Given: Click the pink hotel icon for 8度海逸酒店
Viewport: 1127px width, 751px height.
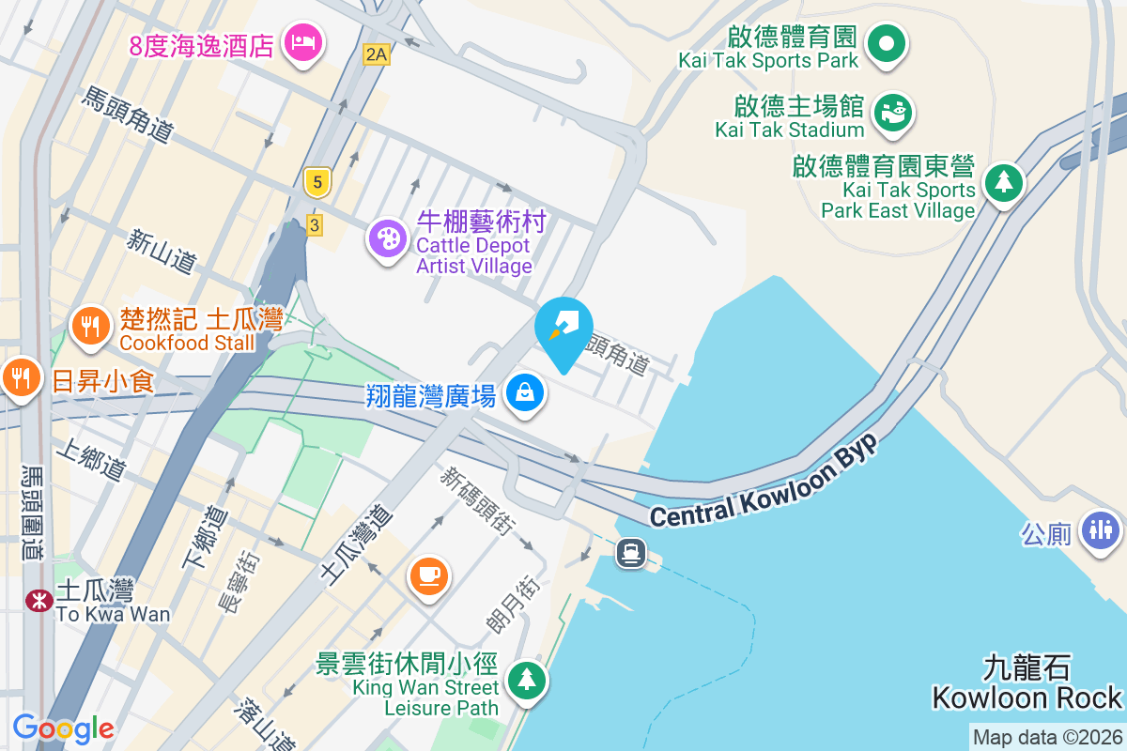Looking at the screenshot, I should click(x=302, y=42).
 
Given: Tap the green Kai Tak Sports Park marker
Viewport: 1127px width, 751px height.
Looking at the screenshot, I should click(x=885, y=44).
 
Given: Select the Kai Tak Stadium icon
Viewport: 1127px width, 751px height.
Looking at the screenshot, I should click(x=893, y=113).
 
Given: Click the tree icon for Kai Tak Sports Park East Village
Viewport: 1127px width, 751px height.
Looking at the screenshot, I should click(x=1004, y=182).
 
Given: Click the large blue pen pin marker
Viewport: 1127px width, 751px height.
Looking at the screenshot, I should click(x=563, y=329).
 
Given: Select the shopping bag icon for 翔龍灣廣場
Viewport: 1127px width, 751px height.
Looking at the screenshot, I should click(x=525, y=392).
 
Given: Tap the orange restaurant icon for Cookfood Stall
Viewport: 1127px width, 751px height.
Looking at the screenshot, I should click(x=90, y=327).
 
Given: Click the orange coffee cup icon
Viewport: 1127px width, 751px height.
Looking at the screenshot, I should click(x=429, y=574).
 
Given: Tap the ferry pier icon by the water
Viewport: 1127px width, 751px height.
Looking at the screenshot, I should click(x=630, y=553).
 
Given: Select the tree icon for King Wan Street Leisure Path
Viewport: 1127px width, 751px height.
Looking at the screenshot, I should click(x=526, y=680).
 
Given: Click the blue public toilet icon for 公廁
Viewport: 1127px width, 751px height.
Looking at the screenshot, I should click(x=1100, y=529).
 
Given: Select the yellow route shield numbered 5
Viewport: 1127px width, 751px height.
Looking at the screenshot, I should click(x=317, y=182).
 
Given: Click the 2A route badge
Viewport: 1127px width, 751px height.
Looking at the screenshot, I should click(x=376, y=54).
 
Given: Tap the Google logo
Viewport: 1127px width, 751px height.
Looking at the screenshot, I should click(x=63, y=728).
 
